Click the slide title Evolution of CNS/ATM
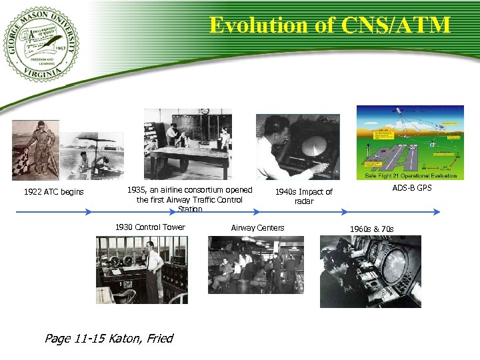[329, 25]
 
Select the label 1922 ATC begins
[53, 193]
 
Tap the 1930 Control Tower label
[150, 227]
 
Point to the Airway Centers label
[257, 228]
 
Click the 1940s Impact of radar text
[303, 196]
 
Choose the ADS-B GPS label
[411, 188]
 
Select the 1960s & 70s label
[371, 229]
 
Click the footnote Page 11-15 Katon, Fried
[108, 338]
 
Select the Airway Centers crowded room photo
[255, 265]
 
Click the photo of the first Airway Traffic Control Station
[187, 144]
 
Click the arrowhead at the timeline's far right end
[437, 212]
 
